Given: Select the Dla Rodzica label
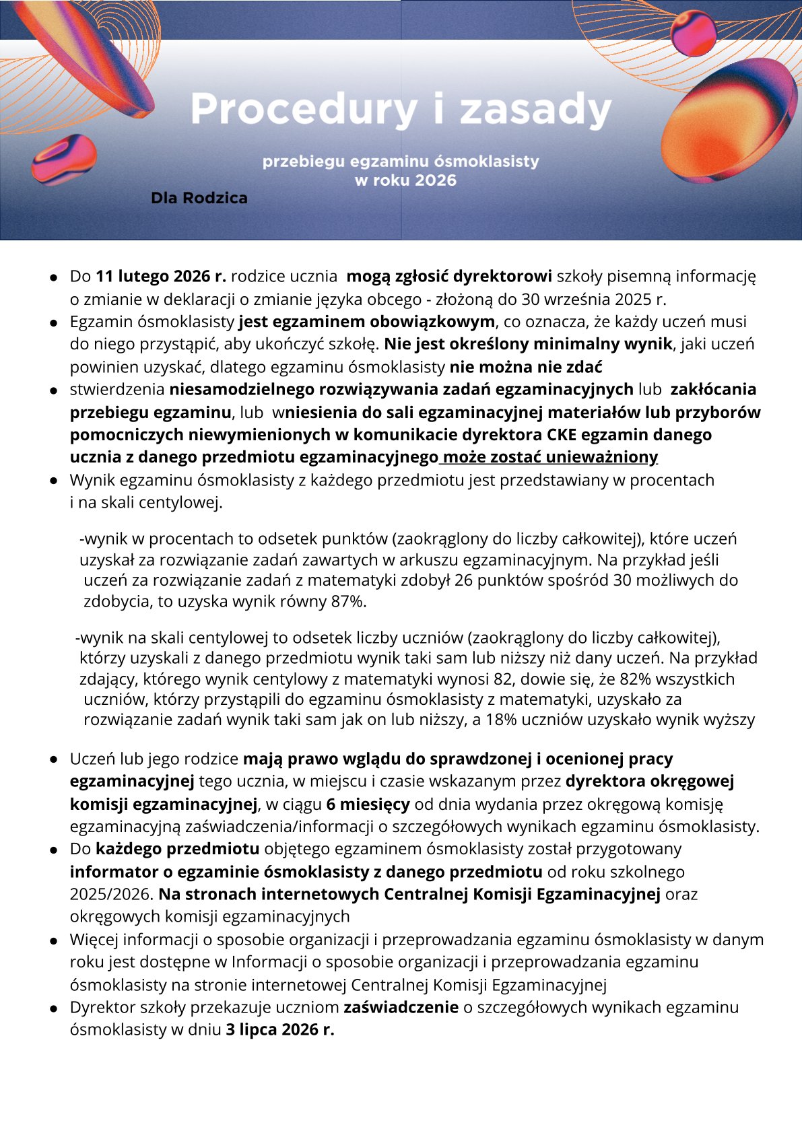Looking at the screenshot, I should [199, 198].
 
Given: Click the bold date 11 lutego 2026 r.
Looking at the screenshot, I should [161, 276].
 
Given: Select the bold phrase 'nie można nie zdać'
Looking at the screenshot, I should [526, 367].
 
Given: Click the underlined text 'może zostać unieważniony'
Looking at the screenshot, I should [549, 457].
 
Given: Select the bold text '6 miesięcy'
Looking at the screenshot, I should [368, 804].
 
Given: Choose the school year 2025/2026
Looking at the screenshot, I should [111, 894].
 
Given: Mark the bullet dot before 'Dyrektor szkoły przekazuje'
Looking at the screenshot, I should [53, 1008].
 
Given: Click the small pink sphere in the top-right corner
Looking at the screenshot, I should [693, 34].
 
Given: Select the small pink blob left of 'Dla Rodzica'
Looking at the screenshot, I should [64, 159].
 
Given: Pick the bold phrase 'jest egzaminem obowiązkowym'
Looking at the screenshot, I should [366, 322].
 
